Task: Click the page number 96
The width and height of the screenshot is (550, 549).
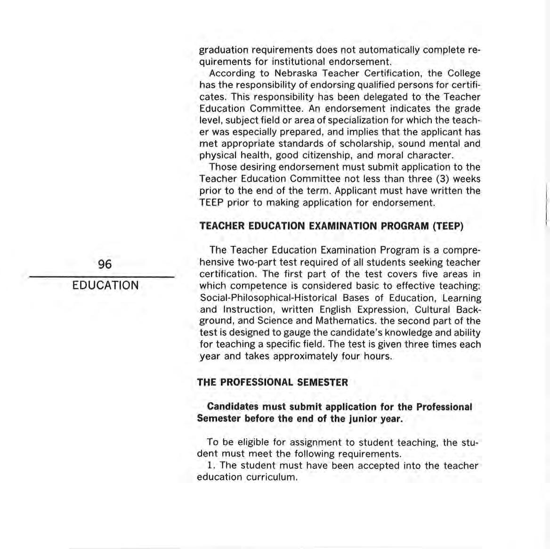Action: (x=105, y=265)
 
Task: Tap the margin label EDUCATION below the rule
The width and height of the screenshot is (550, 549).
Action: (x=105, y=285)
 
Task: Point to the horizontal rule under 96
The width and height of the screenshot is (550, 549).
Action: (x=102, y=276)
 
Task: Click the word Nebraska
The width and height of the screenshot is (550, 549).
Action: (x=296, y=74)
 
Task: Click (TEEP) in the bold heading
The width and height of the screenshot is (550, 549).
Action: (x=448, y=226)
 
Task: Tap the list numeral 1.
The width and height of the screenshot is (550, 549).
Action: (x=210, y=466)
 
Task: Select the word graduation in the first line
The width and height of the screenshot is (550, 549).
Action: (x=223, y=50)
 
